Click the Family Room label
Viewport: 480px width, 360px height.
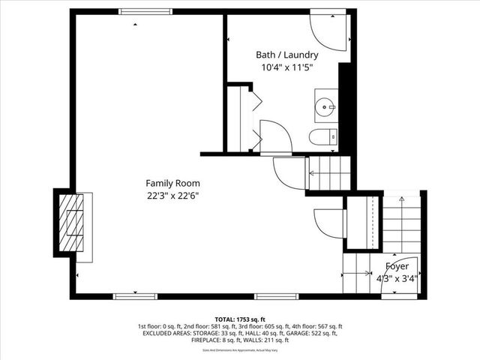click(x=172, y=183)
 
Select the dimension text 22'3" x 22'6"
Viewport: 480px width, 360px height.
click(x=172, y=196)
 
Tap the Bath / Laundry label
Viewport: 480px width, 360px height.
click(x=286, y=55)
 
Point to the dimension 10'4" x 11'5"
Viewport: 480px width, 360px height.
click(x=286, y=67)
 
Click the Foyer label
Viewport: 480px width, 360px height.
click(x=397, y=266)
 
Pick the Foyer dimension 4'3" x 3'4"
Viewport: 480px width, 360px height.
click(x=397, y=278)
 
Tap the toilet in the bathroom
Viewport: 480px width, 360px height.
click(x=323, y=137)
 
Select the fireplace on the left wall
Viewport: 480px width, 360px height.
click(x=73, y=224)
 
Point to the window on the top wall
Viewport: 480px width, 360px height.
click(x=144, y=11)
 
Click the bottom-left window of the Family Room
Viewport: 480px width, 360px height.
click(x=124, y=296)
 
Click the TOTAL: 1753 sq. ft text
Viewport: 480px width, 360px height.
click(x=239, y=319)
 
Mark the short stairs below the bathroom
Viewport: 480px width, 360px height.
click(x=330, y=174)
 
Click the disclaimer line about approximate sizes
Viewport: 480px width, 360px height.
click(x=239, y=350)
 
